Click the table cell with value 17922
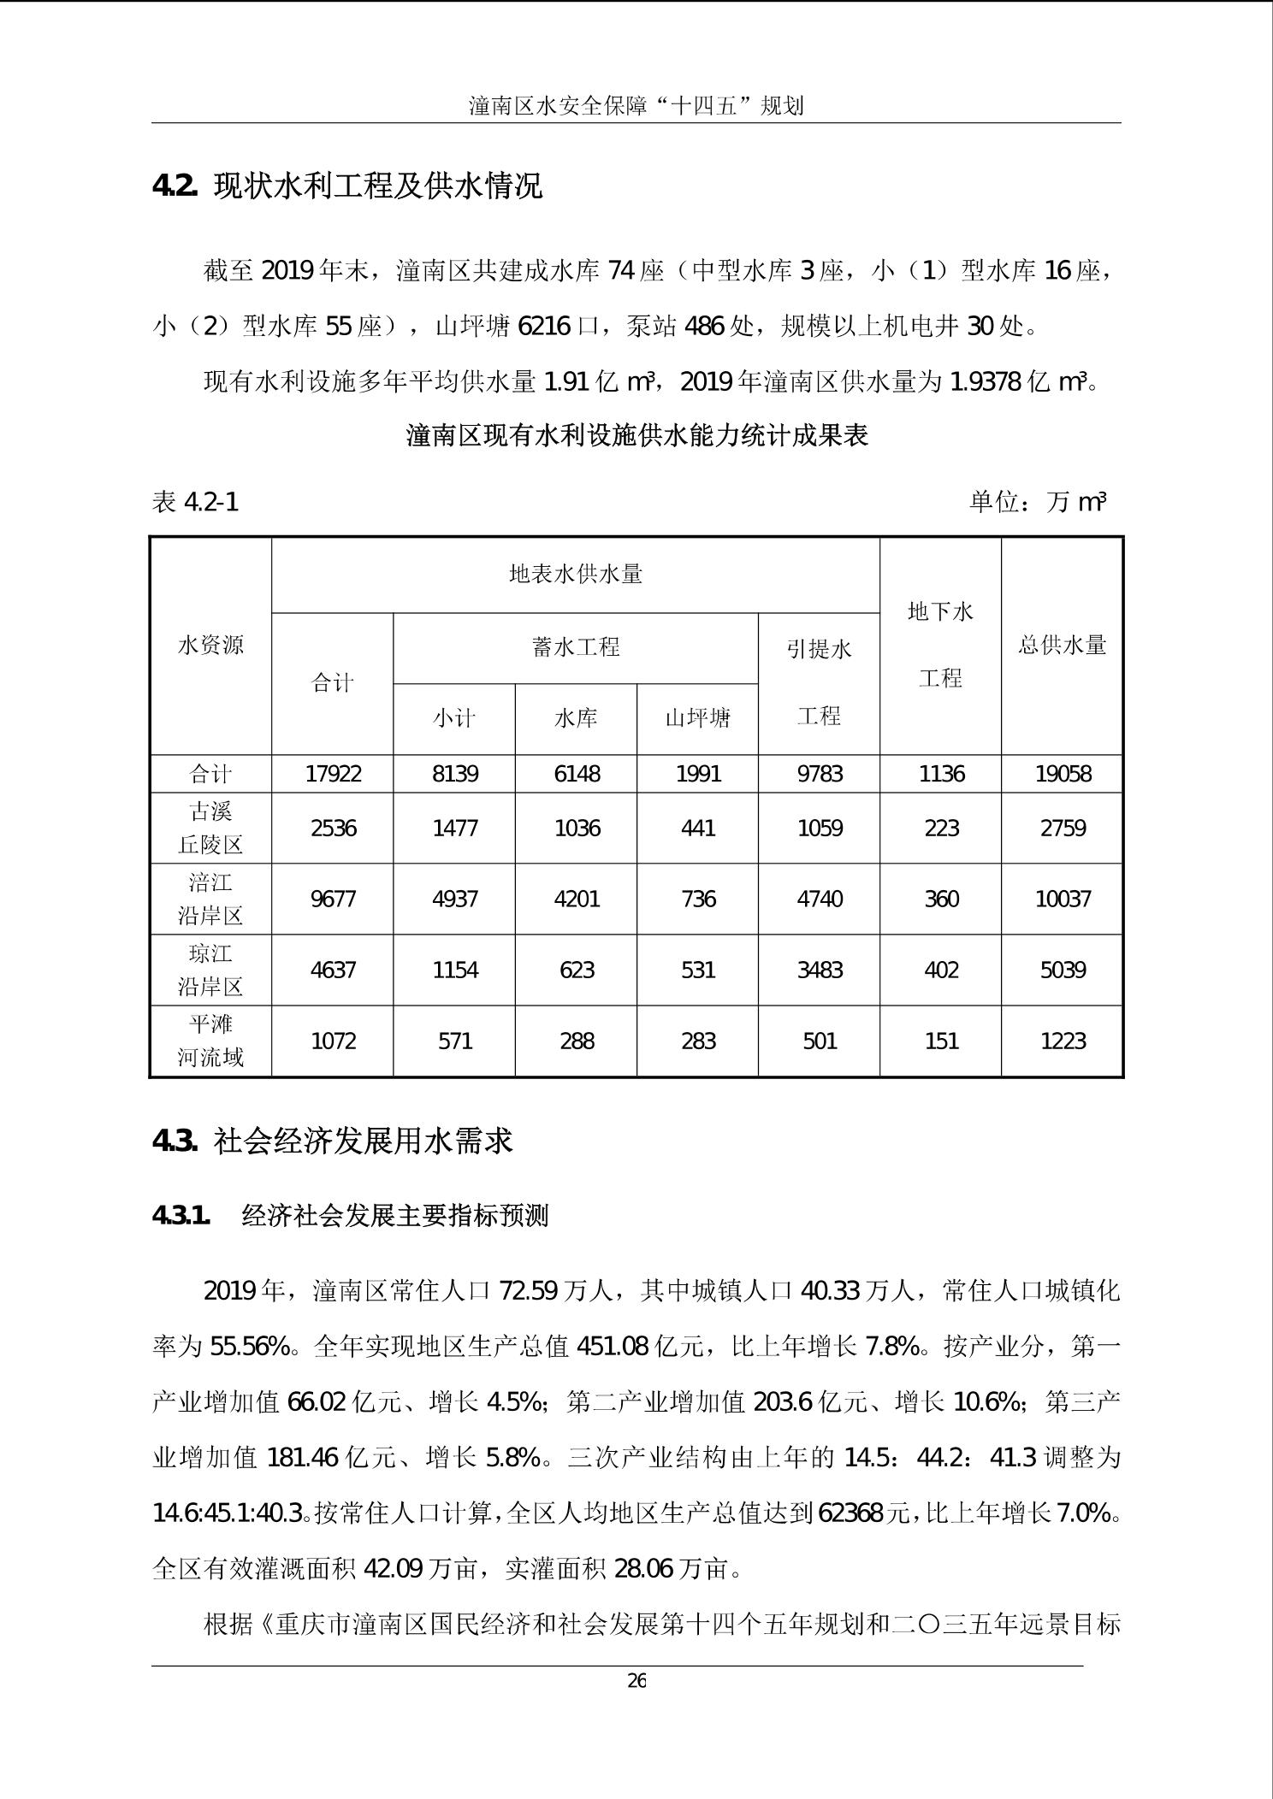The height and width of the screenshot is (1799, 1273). [x=333, y=774]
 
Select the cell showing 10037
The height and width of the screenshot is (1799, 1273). [x=1063, y=899]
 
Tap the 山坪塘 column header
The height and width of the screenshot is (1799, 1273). [x=698, y=718]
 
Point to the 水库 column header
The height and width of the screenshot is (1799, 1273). [x=576, y=718]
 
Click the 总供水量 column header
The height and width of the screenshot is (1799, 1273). [x=1063, y=645]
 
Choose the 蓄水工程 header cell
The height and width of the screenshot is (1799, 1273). [x=576, y=647]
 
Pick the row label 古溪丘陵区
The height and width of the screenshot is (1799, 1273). [x=210, y=828]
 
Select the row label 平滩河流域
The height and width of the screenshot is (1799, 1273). [x=210, y=1041]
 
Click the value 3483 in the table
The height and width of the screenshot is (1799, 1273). [x=820, y=970]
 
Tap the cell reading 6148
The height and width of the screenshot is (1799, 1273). [x=577, y=774]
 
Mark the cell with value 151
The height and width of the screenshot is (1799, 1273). [x=941, y=1041]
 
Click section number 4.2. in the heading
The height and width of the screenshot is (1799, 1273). [x=175, y=186]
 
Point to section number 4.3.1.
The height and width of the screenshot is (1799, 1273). [x=181, y=1215]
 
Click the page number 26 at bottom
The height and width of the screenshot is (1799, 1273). [x=636, y=1681]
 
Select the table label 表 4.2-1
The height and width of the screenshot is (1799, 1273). [x=195, y=502]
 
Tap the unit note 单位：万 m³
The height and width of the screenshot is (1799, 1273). [x=1037, y=502]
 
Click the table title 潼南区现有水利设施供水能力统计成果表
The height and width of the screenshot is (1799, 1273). [x=636, y=435]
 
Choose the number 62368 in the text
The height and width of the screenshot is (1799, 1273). [x=850, y=1513]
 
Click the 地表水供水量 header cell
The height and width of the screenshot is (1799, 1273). [x=576, y=574]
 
